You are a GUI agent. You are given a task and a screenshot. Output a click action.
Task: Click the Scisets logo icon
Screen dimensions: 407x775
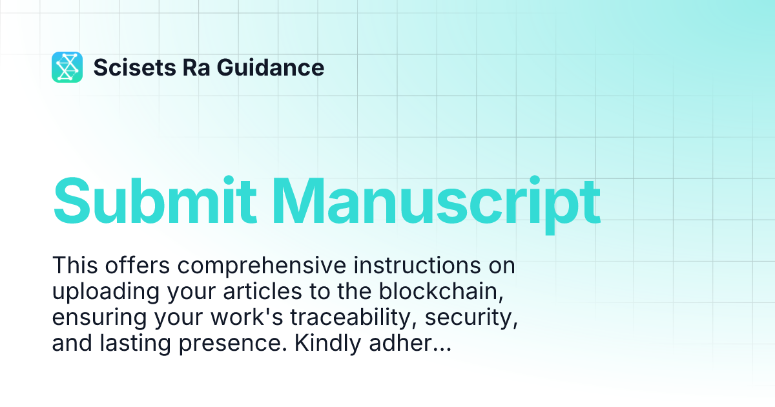(67, 67)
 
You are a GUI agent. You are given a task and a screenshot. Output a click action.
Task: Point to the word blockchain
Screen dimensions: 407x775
(440, 292)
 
